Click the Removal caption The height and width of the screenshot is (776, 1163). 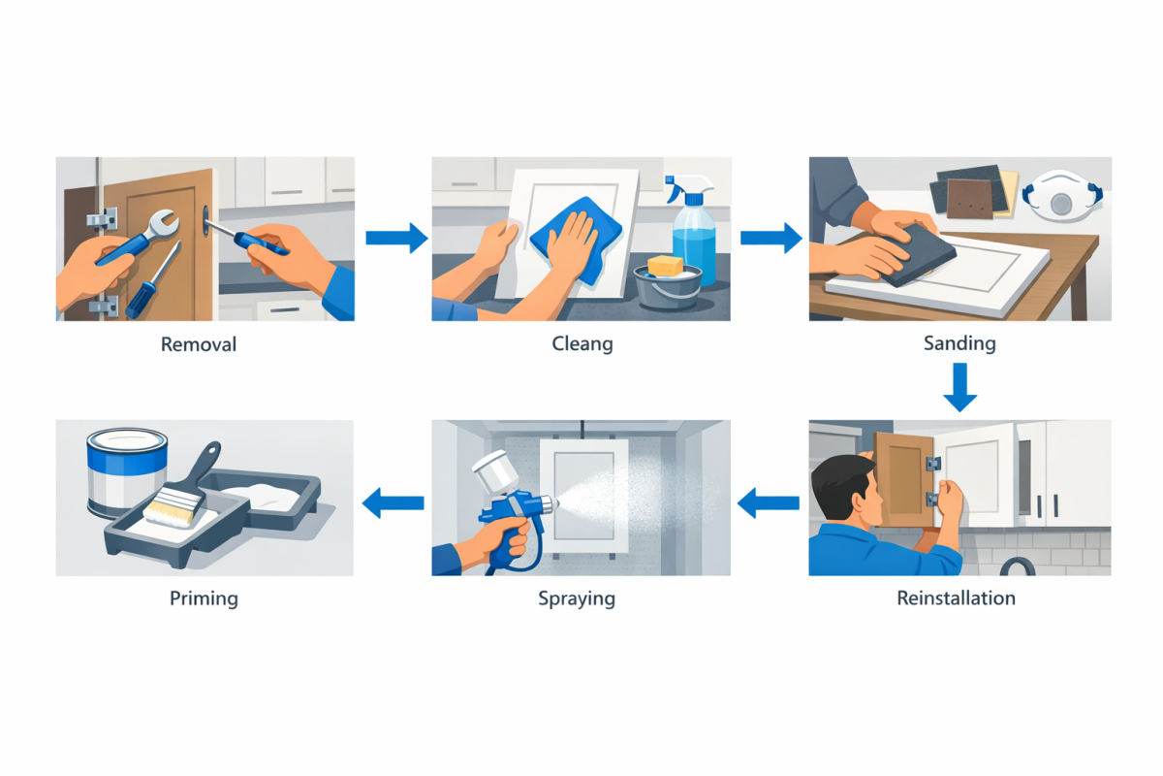[199, 344]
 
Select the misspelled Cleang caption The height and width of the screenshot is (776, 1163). [581, 344]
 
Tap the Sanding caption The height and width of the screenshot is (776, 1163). [959, 343]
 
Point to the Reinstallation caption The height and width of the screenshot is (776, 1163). [956, 598]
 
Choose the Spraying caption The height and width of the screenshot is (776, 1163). [577, 598]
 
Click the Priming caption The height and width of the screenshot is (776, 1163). [204, 598]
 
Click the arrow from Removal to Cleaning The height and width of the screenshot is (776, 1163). [396, 238]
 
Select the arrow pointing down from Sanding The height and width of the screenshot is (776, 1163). [959, 386]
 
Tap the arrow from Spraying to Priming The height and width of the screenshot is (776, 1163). [393, 501]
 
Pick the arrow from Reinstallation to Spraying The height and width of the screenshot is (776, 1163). [770, 501]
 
